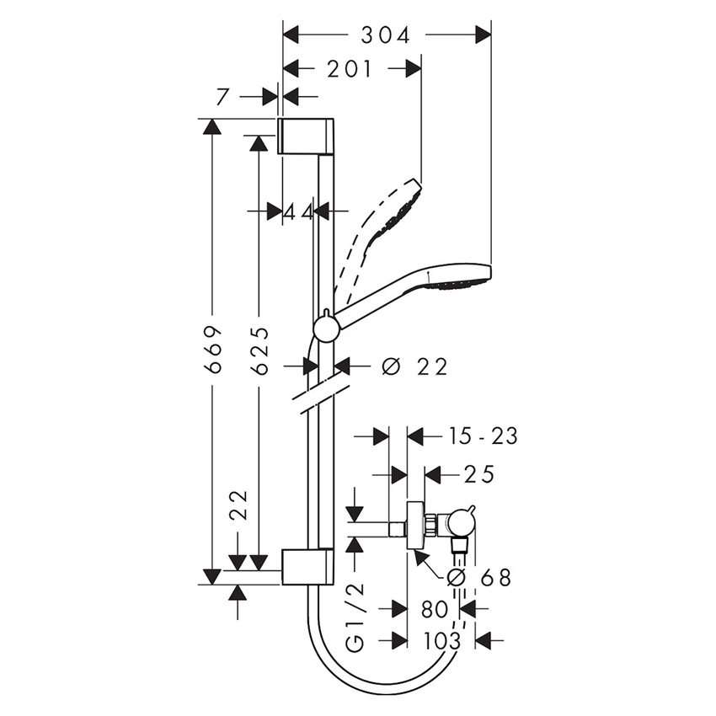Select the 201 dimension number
coord(350,69)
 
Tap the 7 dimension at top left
coord(222,97)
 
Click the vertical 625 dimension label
coord(260,350)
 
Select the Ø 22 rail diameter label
coord(414,366)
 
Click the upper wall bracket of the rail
coord(308,136)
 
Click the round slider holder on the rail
coord(325,327)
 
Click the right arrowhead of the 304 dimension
coord(483,35)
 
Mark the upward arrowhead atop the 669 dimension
coord(212,127)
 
